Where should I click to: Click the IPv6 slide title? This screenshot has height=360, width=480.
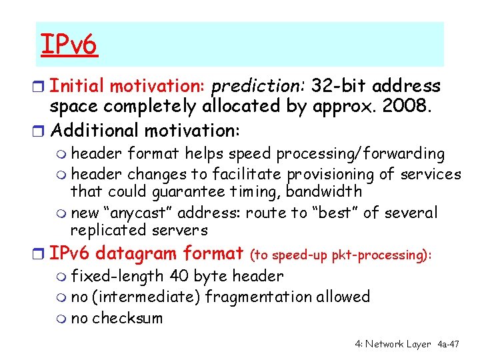69,45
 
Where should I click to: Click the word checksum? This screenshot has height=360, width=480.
127,318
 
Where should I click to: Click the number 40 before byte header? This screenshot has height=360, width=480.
179,276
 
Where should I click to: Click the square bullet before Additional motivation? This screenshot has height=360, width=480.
42,128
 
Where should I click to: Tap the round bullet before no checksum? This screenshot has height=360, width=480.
63,319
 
